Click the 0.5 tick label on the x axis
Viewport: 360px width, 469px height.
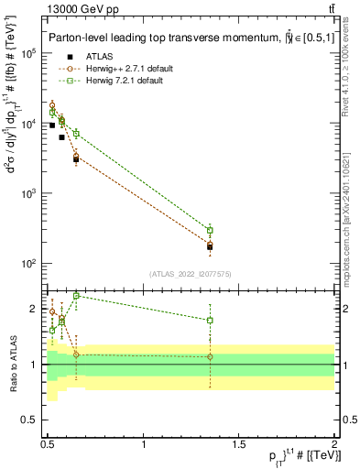(49, 442)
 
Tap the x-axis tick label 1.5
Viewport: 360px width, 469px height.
(239, 442)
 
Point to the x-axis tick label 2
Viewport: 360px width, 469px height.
(334, 442)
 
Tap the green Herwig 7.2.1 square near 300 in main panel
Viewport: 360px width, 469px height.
(211, 230)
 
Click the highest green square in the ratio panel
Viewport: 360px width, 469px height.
(76, 296)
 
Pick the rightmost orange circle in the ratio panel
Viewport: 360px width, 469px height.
(211, 356)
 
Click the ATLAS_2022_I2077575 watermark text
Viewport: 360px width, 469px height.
(191, 273)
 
